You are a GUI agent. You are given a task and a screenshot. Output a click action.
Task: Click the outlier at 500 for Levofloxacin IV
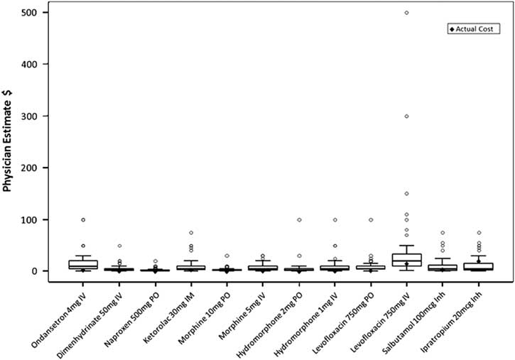click(406, 12)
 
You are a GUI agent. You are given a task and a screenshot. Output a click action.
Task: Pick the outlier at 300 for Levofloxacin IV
click(406, 116)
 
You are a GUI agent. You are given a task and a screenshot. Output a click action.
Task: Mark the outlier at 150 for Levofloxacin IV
click(406, 193)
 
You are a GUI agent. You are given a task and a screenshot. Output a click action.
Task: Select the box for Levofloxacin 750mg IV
click(406, 260)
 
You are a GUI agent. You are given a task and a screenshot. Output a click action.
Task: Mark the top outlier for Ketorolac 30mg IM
click(190, 233)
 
